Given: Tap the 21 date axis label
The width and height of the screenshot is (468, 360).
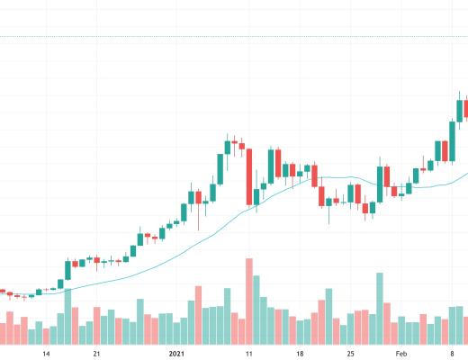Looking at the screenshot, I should (96, 354).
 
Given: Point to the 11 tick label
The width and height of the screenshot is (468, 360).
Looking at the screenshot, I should (248, 354).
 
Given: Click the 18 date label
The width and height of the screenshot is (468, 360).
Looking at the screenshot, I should (300, 354).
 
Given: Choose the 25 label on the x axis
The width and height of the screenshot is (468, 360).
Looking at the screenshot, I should (353, 354).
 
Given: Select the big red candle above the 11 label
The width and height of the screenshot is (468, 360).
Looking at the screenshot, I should (247, 175).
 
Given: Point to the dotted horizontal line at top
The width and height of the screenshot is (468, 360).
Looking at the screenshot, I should (234, 37).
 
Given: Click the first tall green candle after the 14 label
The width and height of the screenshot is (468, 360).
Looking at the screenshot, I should (67, 270).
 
